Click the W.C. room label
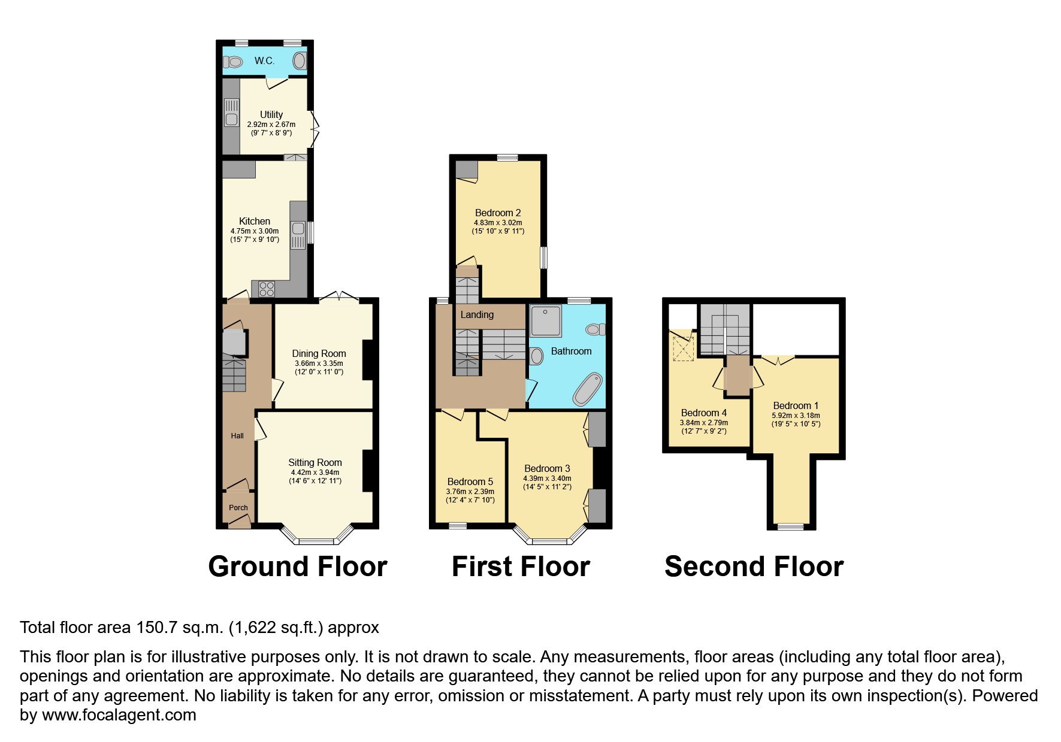coord(264,60)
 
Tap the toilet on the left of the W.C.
coord(232,61)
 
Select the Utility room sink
coord(231,113)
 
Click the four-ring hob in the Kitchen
coord(267,289)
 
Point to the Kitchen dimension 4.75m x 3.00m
coord(255,231)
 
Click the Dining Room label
coord(319,353)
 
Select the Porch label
coord(238,507)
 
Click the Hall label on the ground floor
coord(237,436)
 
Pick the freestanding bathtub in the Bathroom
coord(588,390)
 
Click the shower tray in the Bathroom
coord(546,320)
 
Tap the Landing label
coord(477,314)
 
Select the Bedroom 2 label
coord(498,213)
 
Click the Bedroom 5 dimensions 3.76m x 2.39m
coord(470,492)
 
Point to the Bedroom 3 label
coord(547,468)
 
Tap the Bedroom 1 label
coord(796,405)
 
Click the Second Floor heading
coord(754,567)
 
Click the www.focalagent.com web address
coord(119,715)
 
